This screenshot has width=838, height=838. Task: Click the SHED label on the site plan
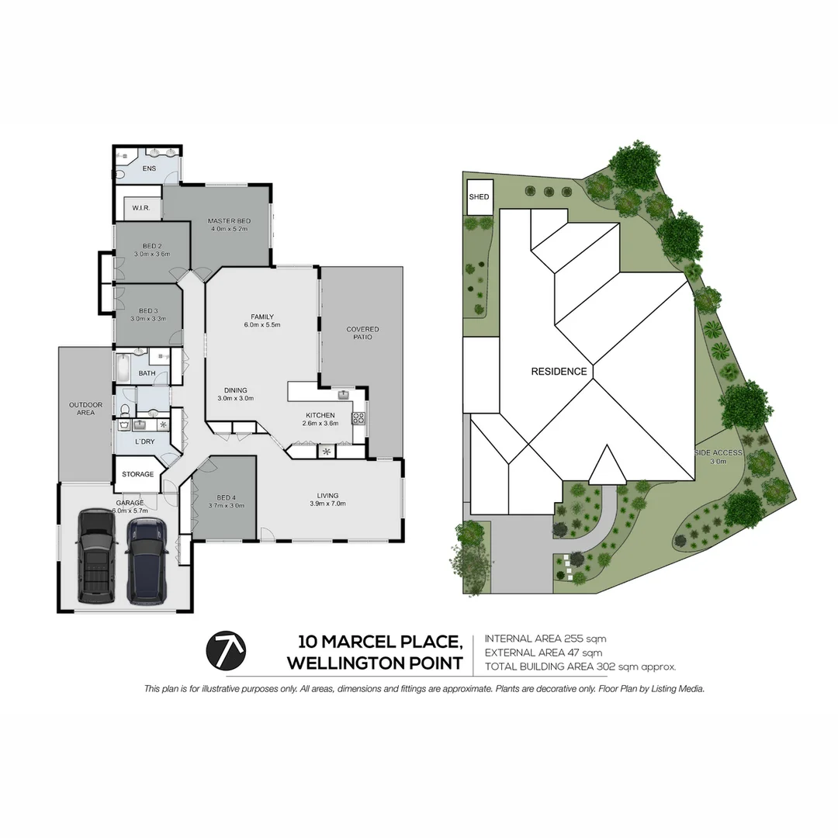(x=479, y=197)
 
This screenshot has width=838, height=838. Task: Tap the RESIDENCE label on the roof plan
(x=559, y=372)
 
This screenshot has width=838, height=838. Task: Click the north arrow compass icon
(x=226, y=650)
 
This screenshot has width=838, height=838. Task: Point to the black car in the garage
(x=97, y=556)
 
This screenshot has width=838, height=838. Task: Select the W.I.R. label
(x=141, y=208)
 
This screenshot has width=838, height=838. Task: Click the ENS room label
(x=149, y=168)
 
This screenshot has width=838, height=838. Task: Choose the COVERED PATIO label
(x=362, y=333)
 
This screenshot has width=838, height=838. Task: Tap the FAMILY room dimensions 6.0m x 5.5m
(x=262, y=325)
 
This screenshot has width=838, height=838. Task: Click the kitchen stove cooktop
(x=358, y=418)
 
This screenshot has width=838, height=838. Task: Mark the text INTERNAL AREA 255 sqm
(x=545, y=639)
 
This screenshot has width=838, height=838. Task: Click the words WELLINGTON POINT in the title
(x=375, y=663)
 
